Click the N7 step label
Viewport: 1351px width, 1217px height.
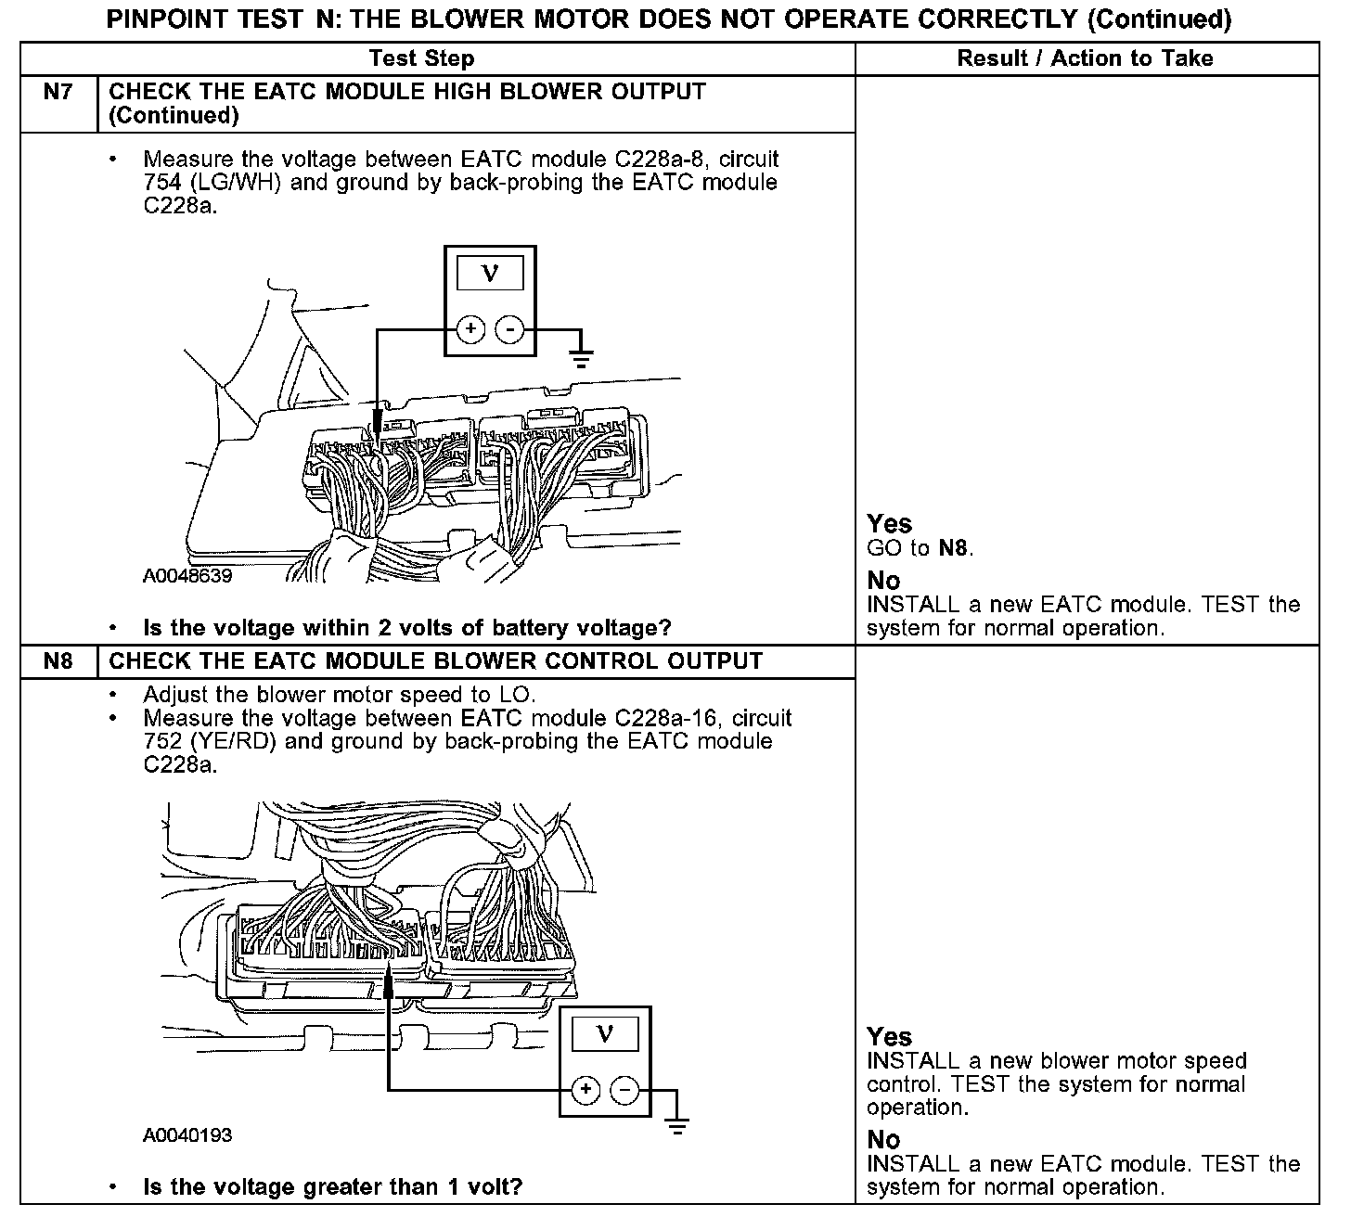pyautogui.click(x=58, y=92)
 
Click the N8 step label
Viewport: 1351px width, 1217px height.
pyautogui.click(x=58, y=661)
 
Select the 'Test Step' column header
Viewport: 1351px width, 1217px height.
pyautogui.click(x=421, y=58)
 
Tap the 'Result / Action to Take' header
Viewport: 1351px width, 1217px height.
pyautogui.click(x=1085, y=58)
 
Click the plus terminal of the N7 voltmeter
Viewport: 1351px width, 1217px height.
pyautogui.click(x=471, y=329)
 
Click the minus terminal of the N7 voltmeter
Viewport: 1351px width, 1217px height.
pyautogui.click(x=509, y=329)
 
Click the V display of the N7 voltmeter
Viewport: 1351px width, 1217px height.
pyautogui.click(x=491, y=274)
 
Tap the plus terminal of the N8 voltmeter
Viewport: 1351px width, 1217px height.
pyautogui.click(x=585, y=1091)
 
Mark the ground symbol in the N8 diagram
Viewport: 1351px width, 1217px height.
pyautogui.click(x=678, y=1125)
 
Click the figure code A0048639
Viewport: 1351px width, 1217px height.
pyautogui.click(x=187, y=576)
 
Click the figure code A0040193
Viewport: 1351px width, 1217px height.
pyautogui.click(x=187, y=1135)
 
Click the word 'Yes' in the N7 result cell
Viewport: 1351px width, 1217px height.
pyautogui.click(x=889, y=524)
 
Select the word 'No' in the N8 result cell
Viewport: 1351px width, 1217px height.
pyautogui.click(x=883, y=1139)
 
